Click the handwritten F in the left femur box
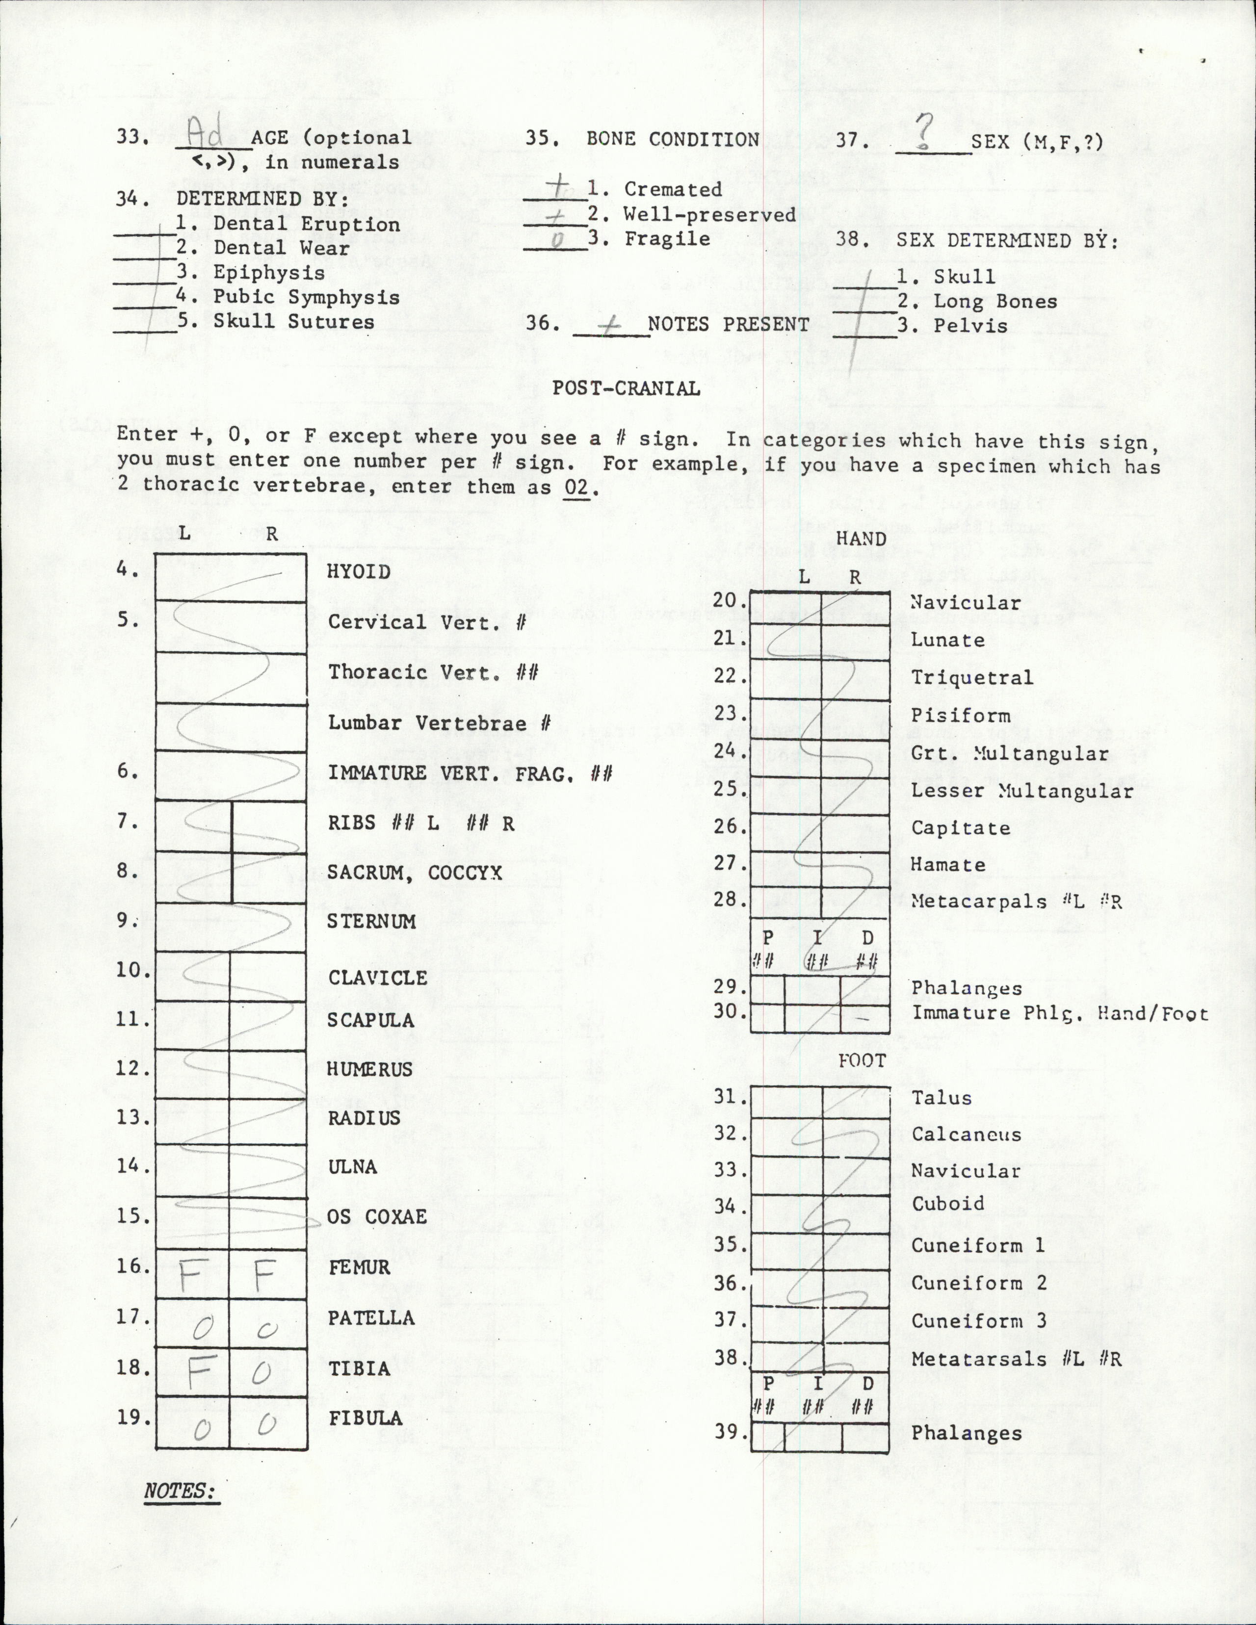coord(190,1278)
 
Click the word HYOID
coord(359,571)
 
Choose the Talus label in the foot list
coord(941,1097)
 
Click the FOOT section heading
coord(862,1061)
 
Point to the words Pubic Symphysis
coord(307,297)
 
